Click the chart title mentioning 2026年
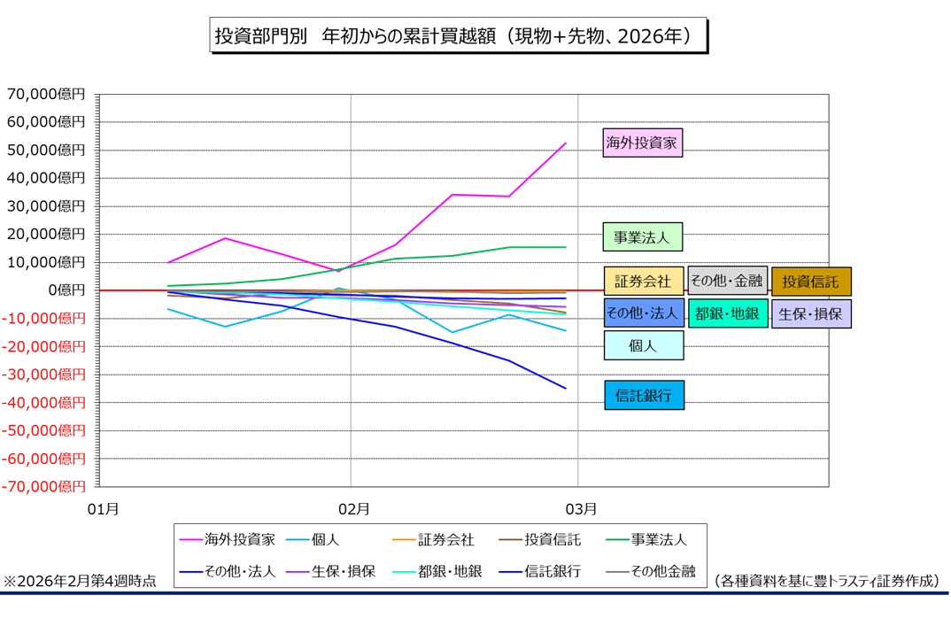pos(458,36)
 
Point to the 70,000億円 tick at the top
pos(46,94)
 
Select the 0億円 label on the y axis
pos(66,290)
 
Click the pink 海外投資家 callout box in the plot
pos(642,142)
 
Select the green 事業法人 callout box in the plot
pos(642,237)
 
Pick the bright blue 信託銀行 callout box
pos(643,395)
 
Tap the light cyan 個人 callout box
pos(643,345)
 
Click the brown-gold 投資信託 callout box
pos(810,282)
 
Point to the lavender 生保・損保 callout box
pos(810,313)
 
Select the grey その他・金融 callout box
pos(726,282)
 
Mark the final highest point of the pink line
pos(565,143)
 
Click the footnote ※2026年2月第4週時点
pos(81,581)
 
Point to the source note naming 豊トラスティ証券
pos(825,581)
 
